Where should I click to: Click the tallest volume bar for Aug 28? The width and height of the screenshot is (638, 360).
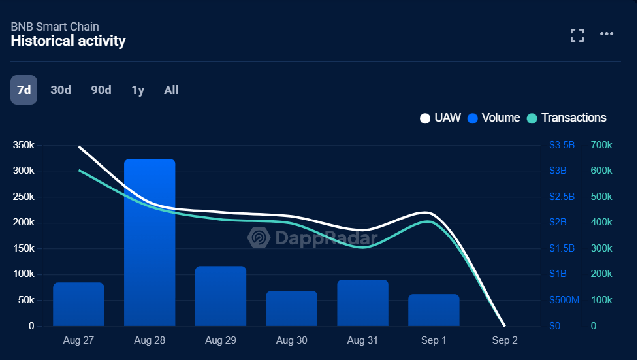(x=150, y=242)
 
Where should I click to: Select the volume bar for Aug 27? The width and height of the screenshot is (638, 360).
(x=78, y=304)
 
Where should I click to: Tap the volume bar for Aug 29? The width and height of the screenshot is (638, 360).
(x=221, y=295)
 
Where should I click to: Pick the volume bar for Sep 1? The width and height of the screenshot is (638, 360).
(x=434, y=310)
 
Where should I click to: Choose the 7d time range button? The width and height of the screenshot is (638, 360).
(x=24, y=90)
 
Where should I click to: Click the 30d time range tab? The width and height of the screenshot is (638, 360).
(x=61, y=90)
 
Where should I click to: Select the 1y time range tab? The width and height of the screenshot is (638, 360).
(x=138, y=90)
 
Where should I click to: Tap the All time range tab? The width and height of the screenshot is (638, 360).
(x=171, y=90)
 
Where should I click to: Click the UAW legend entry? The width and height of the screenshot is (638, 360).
(x=441, y=118)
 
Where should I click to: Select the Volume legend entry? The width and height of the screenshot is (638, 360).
(x=494, y=118)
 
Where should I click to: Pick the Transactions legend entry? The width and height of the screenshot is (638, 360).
(x=567, y=118)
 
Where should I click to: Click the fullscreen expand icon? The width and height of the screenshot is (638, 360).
(x=577, y=35)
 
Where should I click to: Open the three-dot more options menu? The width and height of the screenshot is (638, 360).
(x=607, y=35)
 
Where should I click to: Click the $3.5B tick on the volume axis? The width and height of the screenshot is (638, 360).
(x=562, y=145)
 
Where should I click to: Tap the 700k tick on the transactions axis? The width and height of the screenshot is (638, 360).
(x=601, y=145)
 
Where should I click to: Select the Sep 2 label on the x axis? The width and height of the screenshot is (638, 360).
(x=505, y=340)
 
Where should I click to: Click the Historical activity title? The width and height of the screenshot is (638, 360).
(x=68, y=41)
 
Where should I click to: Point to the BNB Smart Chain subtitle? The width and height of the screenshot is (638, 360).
(x=55, y=27)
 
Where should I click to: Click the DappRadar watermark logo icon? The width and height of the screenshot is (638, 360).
(x=259, y=238)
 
